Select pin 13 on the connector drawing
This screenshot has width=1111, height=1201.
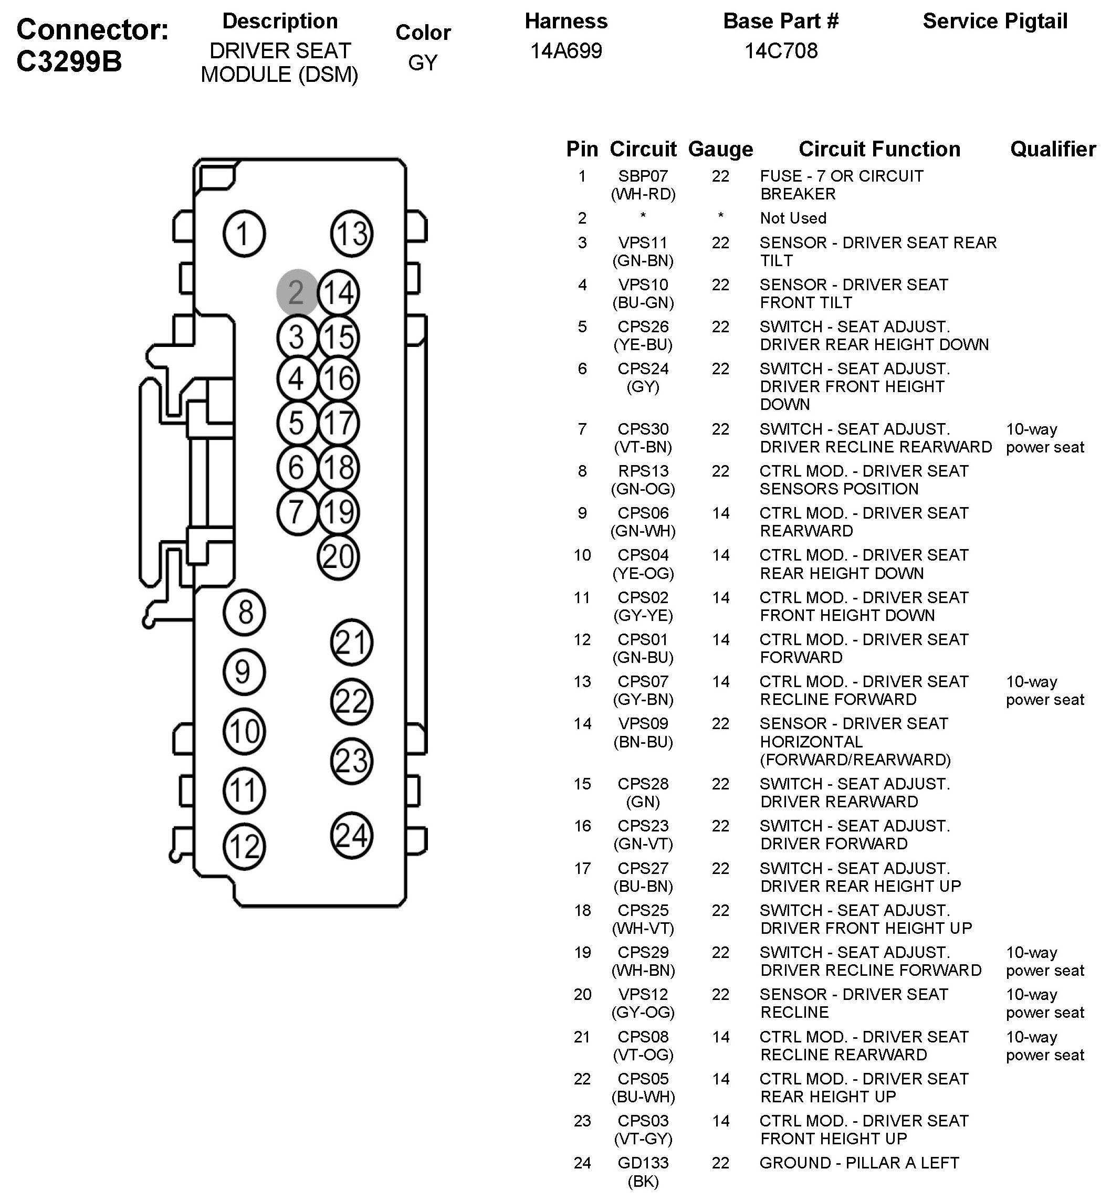pyautogui.click(x=352, y=234)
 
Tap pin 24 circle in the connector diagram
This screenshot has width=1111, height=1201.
pyautogui.click(x=352, y=836)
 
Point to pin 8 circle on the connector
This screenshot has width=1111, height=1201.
pyautogui.click(x=244, y=613)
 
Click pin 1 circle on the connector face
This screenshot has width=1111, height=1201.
pyautogui.click(x=244, y=234)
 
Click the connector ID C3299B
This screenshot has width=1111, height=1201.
pyautogui.click(x=69, y=61)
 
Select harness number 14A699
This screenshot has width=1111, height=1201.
pyautogui.click(x=565, y=51)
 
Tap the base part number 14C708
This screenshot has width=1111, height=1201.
pyautogui.click(x=781, y=51)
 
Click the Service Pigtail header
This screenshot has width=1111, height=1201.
pyautogui.click(x=995, y=21)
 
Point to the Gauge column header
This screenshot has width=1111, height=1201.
pyautogui.click(x=720, y=149)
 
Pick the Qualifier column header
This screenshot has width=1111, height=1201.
pyautogui.click(x=1053, y=149)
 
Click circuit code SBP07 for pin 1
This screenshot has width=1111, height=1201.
pyautogui.click(x=643, y=176)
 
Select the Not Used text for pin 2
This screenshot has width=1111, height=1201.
pyautogui.click(x=793, y=218)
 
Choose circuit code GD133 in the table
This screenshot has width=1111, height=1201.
pyautogui.click(x=643, y=1163)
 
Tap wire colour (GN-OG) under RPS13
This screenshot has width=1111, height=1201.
pyautogui.click(x=643, y=489)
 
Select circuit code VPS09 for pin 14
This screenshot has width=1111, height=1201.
pyautogui.click(x=643, y=724)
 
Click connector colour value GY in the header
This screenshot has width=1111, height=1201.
pyautogui.click(x=423, y=62)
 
